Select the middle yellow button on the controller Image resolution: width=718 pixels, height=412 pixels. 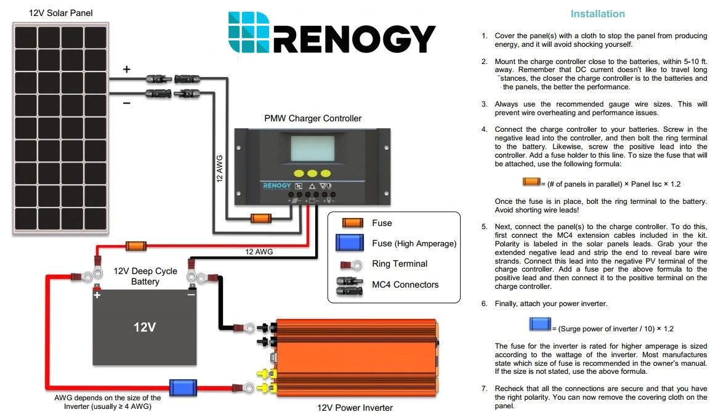click(x=313, y=174)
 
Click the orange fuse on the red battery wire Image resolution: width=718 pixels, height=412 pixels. click(x=135, y=246)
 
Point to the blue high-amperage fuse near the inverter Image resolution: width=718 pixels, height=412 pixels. click(x=183, y=387)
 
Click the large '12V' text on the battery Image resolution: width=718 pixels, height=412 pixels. click(x=145, y=327)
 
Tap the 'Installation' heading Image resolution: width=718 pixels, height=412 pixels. click(x=597, y=14)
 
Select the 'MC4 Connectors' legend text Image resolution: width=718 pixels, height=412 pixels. click(x=405, y=285)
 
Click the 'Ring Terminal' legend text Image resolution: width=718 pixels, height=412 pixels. click(x=400, y=264)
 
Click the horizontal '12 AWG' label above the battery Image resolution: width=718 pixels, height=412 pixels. click(x=259, y=251)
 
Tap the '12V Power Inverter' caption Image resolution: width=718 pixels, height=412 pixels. click(x=355, y=407)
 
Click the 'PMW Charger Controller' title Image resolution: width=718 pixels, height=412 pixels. click(x=313, y=118)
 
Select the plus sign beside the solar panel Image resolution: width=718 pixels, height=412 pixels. click(x=127, y=70)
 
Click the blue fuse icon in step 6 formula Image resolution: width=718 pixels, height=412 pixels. click(x=539, y=324)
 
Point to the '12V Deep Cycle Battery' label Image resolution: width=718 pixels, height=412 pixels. click(x=145, y=276)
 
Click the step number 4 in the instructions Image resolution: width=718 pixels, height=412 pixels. click(x=484, y=129)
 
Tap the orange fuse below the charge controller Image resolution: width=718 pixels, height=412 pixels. click(x=261, y=218)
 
